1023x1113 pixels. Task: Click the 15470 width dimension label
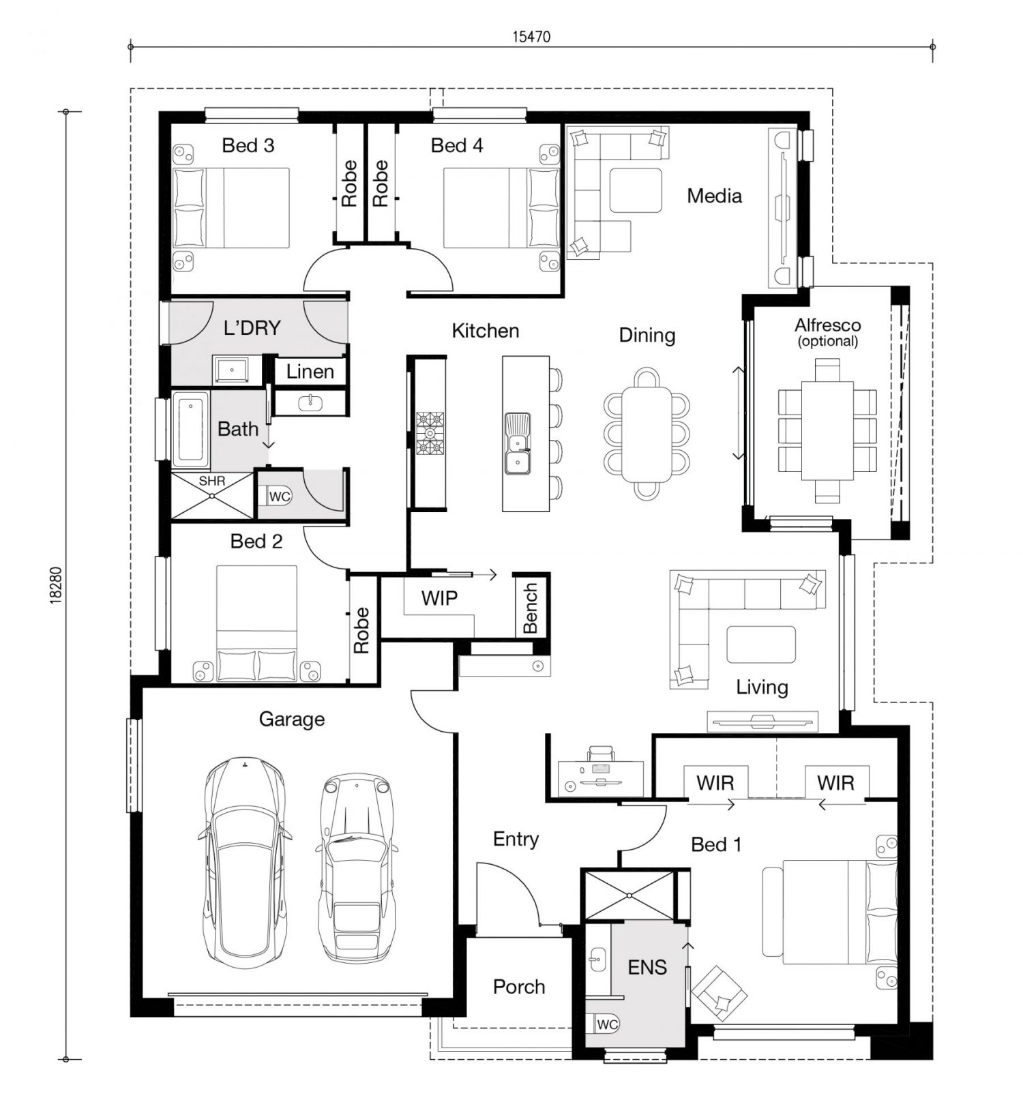click(531, 37)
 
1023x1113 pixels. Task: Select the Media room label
click(714, 196)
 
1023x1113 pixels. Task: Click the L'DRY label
click(252, 328)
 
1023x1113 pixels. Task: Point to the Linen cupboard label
click(310, 372)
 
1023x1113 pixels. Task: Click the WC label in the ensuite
click(607, 1024)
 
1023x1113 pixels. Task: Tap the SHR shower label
click(211, 481)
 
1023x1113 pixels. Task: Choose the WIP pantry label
click(439, 598)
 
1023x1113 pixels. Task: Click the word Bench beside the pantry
click(531, 608)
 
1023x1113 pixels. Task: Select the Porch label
click(519, 987)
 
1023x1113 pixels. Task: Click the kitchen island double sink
click(518, 443)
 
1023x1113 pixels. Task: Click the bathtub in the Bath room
click(190, 430)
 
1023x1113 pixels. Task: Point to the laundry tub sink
click(232, 370)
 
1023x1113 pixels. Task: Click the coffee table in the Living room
click(761, 644)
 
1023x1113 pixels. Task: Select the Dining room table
click(647, 434)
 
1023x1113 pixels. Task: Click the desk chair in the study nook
click(601, 753)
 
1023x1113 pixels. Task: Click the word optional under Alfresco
click(828, 342)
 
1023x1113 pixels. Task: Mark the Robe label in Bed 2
click(361, 630)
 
